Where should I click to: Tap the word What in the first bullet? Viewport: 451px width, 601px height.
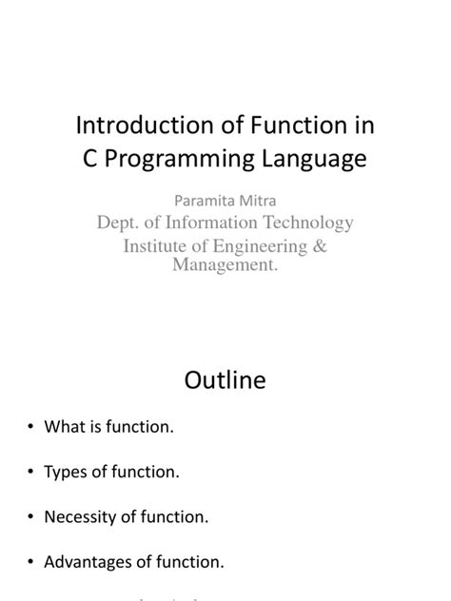coord(64,428)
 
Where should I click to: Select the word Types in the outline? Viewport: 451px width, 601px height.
coord(65,473)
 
